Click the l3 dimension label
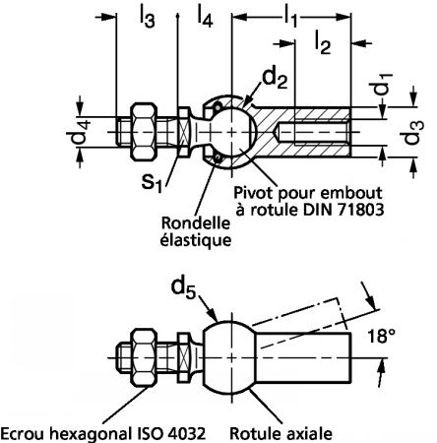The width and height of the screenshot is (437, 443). [x=148, y=17]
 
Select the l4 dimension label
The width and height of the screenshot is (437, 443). [x=205, y=16]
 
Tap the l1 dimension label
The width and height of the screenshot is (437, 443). [x=290, y=16]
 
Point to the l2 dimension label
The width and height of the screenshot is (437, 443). [x=323, y=42]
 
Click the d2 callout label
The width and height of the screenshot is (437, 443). [x=275, y=79]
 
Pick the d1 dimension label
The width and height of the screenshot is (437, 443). [x=381, y=84]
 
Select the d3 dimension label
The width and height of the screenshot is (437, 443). [x=413, y=133]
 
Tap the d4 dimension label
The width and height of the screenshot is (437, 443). [x=78, y=132]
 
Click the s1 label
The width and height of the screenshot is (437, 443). [x=152, y=181]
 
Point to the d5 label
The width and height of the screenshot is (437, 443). [x=183, y=288]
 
